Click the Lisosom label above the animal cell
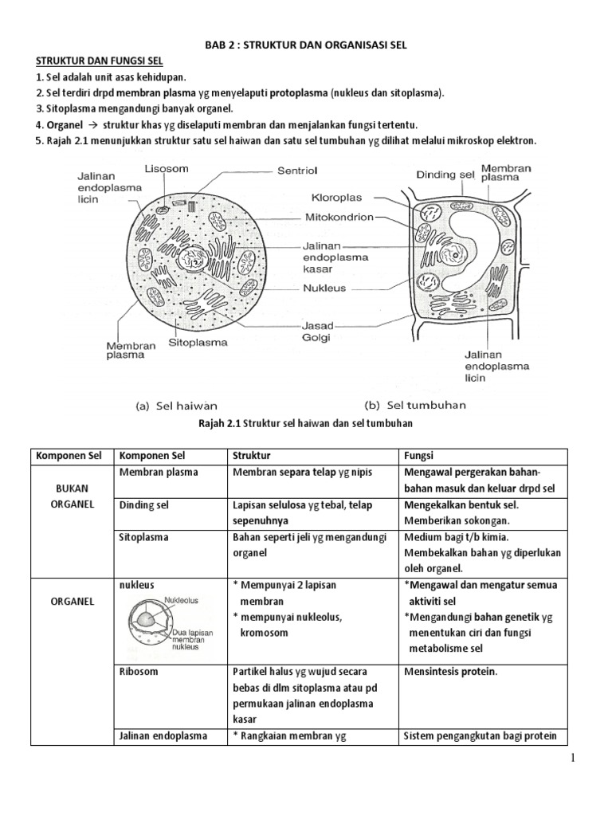[x=166, y=169]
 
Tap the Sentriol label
[x=296, y=171]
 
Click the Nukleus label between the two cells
[x=324, y=288]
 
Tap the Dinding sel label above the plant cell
[x=445, y=175]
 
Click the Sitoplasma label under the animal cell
[x=198, y=343]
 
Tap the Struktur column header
[x=252, y=456]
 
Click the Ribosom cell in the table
[x=139, y=671]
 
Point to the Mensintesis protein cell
[x=450, y=671]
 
